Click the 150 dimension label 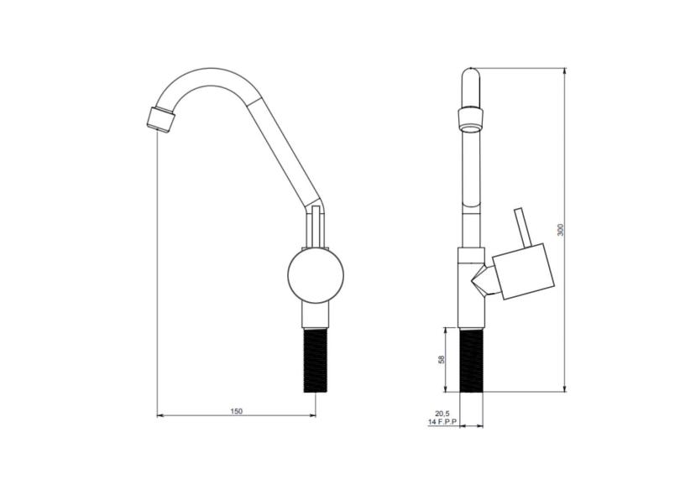pyautogui.click(x=237, y=411)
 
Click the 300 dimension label pyautogui.click(x=560, y=230)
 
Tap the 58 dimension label pyautogui.click(x=442, y=359)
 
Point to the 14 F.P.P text pyautogui.click(x=442, y=422)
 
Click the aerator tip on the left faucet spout pyautogui.click(x=160, y=119)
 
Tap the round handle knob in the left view pyautogui.click(x=316, y=275)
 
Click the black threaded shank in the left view pyautogui.click(x=316, y=360)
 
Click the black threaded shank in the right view pyautogui.click(x=471, y=360)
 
